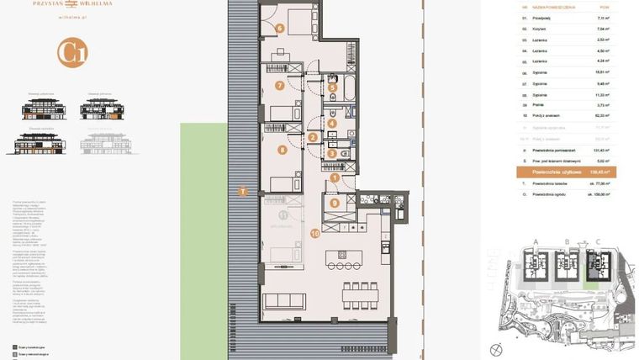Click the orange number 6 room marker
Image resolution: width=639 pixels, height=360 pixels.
pyautogui.click(x=280, y=27)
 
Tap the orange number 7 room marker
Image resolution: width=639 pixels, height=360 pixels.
pyautogui.click(x=280, y=85)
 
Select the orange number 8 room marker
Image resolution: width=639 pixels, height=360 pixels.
pyautogui.click(x=283, y=151)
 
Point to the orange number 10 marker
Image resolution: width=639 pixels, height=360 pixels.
pyautogui.click(x=314, y=233)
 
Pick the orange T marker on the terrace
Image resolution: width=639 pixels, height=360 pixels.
pyautogui.click(x=243, y=191)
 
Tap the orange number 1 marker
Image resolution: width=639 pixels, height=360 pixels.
pyautogui.click(x=334, y=177)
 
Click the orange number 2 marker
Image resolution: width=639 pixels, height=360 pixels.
pyautogui.click(x=312, y=137)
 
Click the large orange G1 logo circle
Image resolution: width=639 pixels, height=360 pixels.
pyautogui.click(x=72, y=52)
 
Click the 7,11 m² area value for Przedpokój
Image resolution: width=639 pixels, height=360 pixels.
pyautogui.click(x=603, y=17)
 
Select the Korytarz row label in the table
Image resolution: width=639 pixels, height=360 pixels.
pyautogui.click(x=541, y=28)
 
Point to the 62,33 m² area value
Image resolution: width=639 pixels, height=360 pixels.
pyautogui.click(x=602, y=116)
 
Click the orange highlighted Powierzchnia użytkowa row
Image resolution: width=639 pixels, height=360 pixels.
pyautogui.click(x=567, y=172)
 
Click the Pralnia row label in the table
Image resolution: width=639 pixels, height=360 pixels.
pyautogui.click(x=539, y=105)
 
